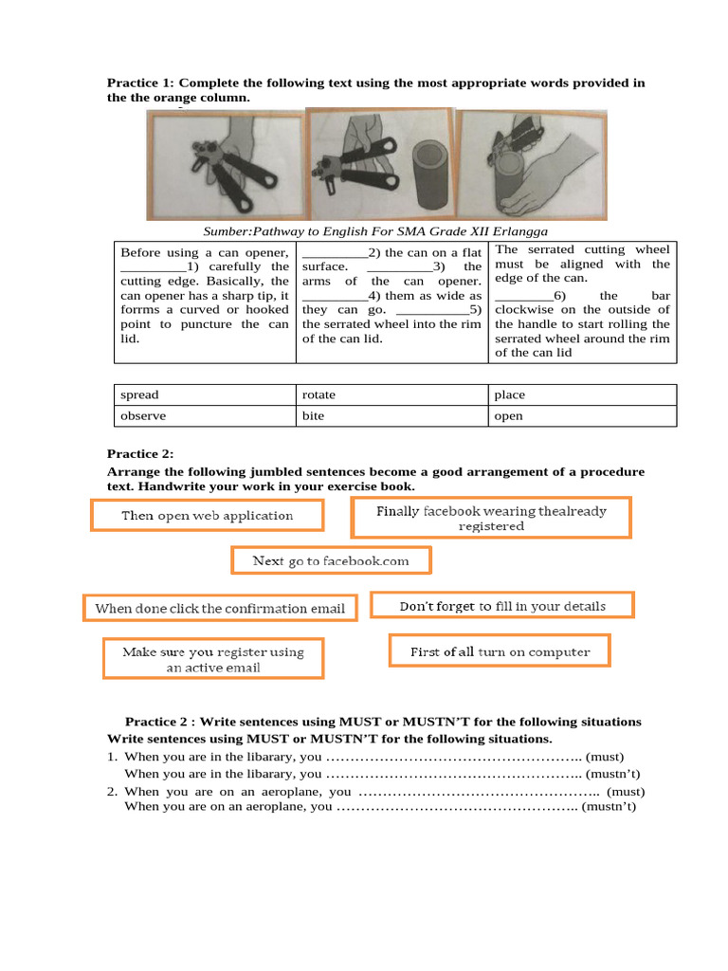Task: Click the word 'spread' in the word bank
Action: (140, 394)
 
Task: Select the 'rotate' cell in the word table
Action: (318, 394)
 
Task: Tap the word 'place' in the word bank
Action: (509, 394)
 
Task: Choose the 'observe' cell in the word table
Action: (143, 415)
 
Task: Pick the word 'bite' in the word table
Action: (313, 415)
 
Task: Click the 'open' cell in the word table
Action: (509, 415)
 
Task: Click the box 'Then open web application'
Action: (207, 515)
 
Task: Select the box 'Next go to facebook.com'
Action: (331, 560)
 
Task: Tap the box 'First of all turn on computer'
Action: (500, 651)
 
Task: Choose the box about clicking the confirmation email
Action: (220, 608)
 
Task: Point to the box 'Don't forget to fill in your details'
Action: (501, 605)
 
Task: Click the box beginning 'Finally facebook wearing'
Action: (490, 518)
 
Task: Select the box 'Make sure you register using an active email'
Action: (212, 659)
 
